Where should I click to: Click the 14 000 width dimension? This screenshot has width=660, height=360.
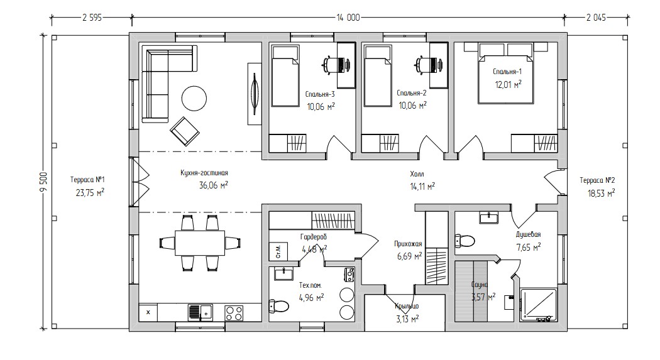(x=348, y=18)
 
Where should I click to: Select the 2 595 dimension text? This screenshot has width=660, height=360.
(x=92, y=18)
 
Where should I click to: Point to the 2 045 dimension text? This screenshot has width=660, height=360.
(x=596, y=18)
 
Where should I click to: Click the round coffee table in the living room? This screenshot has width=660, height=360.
(x=194, y=99)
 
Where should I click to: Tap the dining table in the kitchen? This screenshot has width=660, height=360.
(x=201, y=243)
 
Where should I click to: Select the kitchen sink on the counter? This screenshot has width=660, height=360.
(x=201, y=312)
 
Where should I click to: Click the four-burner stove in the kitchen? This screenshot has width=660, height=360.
(x=234, y=312)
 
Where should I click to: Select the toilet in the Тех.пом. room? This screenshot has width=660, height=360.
(x=278, y=305)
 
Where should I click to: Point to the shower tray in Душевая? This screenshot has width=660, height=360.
(x=538, y=306)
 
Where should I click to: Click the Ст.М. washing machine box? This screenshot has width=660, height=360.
(x=278, y=251)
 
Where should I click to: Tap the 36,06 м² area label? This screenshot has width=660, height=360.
(x=214, y=185)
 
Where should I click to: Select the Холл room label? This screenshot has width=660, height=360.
(x=417, y=173)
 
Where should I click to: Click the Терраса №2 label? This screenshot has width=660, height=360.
(x=597, y=180)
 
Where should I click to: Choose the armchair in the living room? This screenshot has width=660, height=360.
(x=184, y=131)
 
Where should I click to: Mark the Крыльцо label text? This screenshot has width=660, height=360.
(x=407, y=306)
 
